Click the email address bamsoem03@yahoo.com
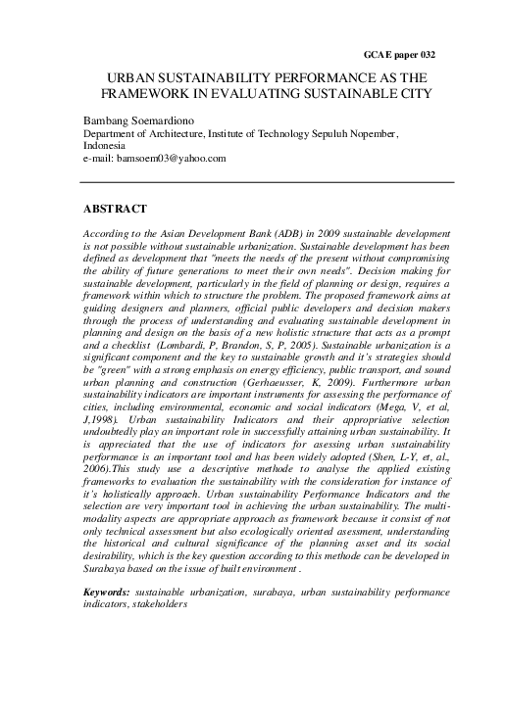pos(173,158)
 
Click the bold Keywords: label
pos(108,593)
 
